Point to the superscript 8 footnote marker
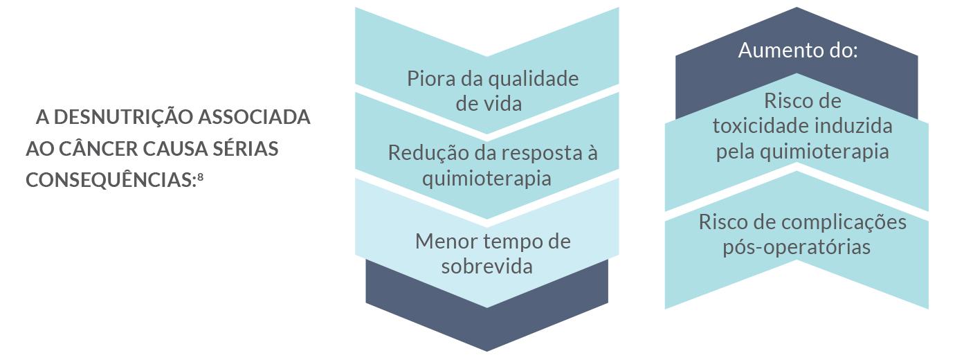click(201, 176)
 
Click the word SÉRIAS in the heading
click(248, 149)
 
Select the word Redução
click(421, 153)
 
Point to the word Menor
click(444, 242)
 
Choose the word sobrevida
click(486, 267)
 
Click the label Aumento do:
click(797, 51)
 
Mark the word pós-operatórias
click(797, 247)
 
